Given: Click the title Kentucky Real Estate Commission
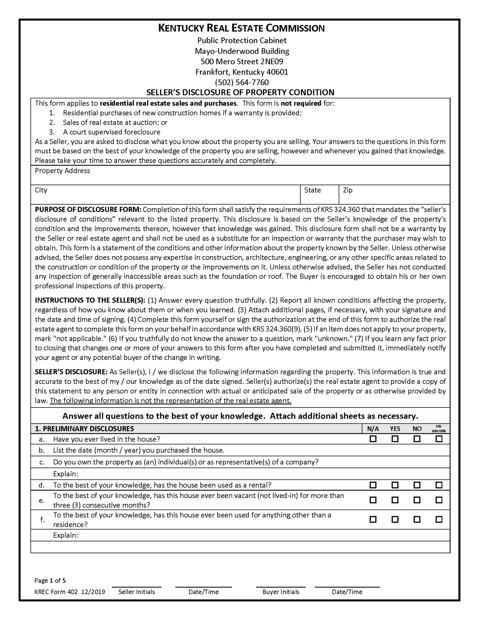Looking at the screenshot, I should coord(241,28).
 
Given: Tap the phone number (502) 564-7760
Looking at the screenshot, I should coord(241,82).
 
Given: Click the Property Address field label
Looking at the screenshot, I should coord(62,171).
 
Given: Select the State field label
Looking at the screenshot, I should coord(312,190).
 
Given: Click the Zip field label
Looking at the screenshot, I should coord(347,190).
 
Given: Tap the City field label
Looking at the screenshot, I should coord(41,190).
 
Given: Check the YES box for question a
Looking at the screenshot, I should coord(395,439).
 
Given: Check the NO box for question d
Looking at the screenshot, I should coord(417,485).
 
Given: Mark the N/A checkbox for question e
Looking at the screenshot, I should coord(373,500).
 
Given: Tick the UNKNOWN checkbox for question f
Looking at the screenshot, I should coord(438,519).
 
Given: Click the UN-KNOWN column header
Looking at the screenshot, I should coord(438,428).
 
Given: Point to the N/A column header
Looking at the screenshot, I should coord(373,429).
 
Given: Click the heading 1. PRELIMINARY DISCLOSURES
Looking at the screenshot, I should coord(84,429).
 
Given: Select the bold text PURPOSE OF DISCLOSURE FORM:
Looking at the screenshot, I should coord(88,209).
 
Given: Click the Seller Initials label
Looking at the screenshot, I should coord(136,592).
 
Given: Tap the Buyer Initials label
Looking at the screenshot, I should coord(281,592).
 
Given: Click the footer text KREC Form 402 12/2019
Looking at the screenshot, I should coord(70,592).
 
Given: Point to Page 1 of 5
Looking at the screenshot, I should coord(50,580).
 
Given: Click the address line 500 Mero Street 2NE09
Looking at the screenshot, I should coord(242,61).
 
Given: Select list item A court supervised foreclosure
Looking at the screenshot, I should coord(111,132).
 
